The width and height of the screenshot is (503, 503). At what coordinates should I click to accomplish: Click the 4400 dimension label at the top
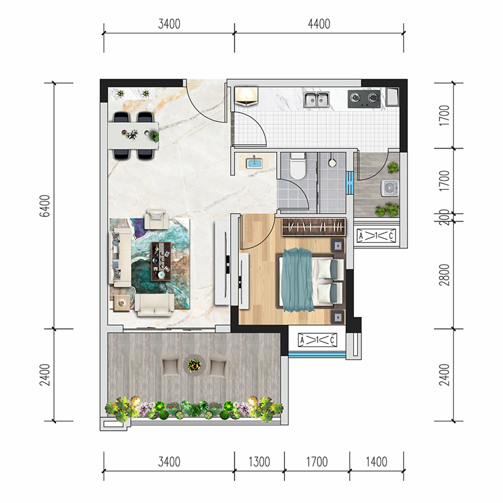point(319,24)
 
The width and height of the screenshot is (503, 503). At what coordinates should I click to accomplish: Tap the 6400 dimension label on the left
point(45,206)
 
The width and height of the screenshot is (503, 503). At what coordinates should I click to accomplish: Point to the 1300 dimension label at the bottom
point(259,462)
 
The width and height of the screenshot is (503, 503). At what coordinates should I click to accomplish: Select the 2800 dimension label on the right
point(445,275)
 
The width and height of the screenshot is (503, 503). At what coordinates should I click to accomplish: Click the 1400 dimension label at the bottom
point(377,462)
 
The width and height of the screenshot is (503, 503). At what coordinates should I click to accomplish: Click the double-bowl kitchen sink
point(317,99)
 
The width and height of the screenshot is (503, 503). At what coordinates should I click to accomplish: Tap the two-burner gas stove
point(364,99)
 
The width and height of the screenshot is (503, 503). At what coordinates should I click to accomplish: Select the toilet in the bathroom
point(297,165)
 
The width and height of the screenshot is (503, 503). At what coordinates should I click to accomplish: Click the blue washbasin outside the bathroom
point(254,163)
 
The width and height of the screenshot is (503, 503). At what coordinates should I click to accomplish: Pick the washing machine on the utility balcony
point(390,188)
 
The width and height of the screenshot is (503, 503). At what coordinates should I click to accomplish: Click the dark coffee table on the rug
point(161,261)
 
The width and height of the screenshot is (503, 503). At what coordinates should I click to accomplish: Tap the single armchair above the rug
point(156,219)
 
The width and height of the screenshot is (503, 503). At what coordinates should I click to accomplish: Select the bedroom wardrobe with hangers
point(314,227)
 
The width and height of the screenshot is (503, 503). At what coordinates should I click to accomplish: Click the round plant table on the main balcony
point(194,365)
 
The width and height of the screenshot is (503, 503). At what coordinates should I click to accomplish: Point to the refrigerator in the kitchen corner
point(392,97)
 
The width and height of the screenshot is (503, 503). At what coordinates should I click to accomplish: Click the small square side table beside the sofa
point(122,303)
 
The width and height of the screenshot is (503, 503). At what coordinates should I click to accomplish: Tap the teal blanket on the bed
point(297,280)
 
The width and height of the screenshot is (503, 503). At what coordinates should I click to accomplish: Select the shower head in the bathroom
point(333,162)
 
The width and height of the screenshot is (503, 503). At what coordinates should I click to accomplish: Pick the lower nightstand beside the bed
point(338,318)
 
